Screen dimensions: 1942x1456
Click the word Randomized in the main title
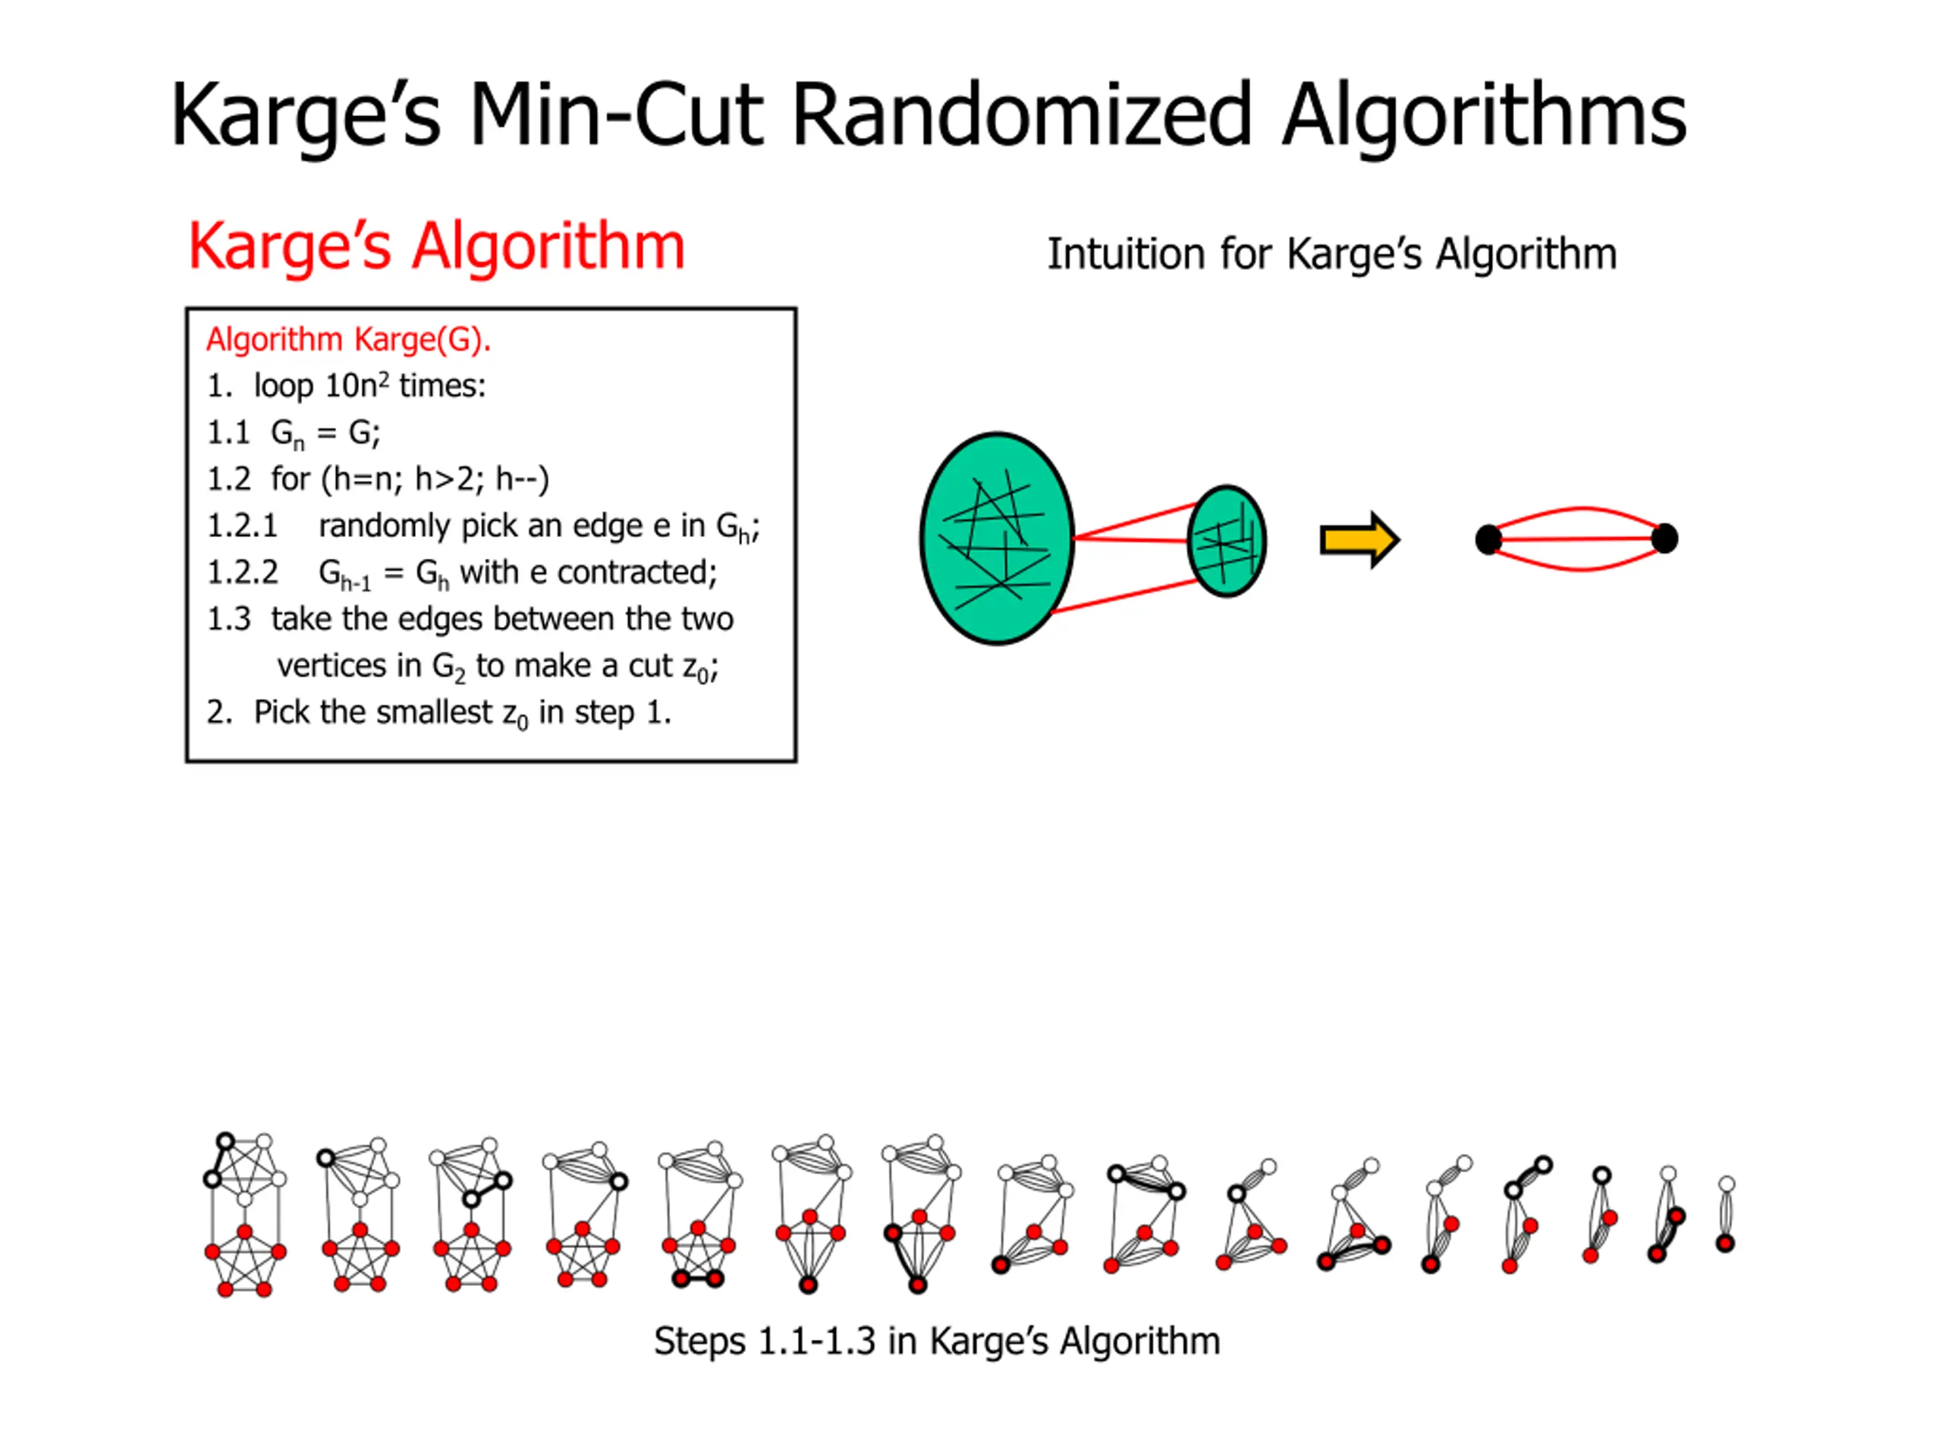click(1021, 115)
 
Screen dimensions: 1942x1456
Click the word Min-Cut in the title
click(615, 115)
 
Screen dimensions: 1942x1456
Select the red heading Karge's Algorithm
click(436, 246)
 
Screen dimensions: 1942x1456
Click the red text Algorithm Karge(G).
click(347, 340)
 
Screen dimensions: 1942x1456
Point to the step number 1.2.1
click(241, 526)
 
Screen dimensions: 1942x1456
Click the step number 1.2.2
click(241, 573)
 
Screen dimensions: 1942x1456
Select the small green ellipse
click(1227, 541)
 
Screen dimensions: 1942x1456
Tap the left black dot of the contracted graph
click(1488, 539)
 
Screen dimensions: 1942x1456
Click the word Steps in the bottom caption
click(699, 1341)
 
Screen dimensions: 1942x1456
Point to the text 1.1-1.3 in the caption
click(816, 1341)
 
